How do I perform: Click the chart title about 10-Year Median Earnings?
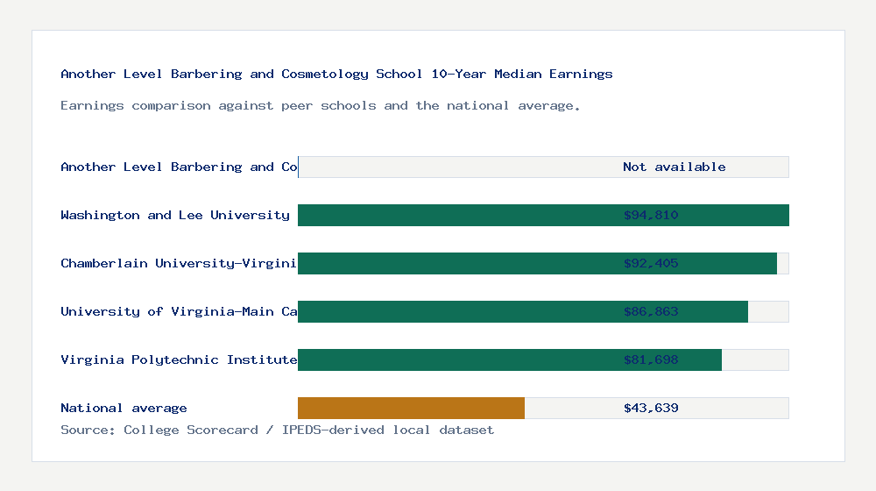(x=336, y=75)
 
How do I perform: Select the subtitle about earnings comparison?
(x=320, y=106)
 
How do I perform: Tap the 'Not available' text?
(x=674, y=167)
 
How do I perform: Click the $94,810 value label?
(x=651, y=216)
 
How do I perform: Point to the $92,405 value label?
(x=651, y=264)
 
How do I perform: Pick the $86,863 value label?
(x=651, y=312)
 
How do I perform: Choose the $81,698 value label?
(x=651, y=360)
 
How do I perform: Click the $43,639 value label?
(x=651, y=409)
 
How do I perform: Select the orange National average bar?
(x=411, y=409)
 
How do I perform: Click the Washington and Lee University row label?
(x=174, y=216)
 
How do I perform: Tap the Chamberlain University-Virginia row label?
(x=179, y=264)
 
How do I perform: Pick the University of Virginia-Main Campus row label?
(x=179, y=312)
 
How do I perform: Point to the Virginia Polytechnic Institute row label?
(x=179, y=360)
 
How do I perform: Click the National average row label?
(x=124, y=409)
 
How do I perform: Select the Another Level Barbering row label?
(x=179, y=167)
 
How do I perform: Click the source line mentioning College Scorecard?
(x=277, y=431)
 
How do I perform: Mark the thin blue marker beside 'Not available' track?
(x=298, y=167)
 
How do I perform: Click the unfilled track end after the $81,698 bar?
(x=755, y=360)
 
